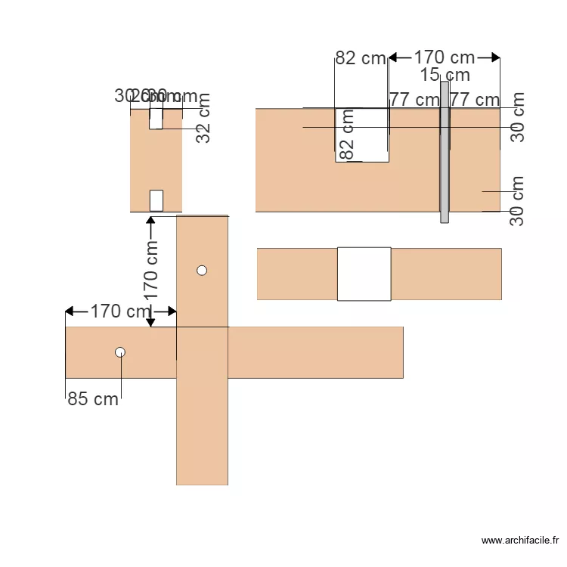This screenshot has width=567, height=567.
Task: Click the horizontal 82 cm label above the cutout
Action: [x=360, y=58]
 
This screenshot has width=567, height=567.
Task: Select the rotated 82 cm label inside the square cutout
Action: [x=347, y=135]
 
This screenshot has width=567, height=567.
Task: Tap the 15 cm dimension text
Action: [x=445, y=75]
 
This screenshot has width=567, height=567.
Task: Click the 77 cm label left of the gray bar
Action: [x=414, y=99]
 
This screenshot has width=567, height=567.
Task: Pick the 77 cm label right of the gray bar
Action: [x=475, y=99]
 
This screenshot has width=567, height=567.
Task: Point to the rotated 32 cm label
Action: [x=203, y=118]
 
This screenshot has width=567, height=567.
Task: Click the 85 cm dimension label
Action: [x=93, y=399]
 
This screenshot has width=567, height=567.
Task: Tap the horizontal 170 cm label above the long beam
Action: [x=121, y=311]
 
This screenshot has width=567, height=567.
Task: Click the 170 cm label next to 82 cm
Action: [x=445, y=57]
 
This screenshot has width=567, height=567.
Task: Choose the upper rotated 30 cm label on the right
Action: [x=517, y=117]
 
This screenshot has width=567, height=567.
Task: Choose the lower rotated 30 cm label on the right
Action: [x=517, y=200]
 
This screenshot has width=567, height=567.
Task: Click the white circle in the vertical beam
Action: [x=202, y=270]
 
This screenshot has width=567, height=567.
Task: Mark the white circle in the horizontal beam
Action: [x=120, y=352]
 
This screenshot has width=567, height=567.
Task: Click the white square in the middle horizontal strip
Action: [x=364, y=274]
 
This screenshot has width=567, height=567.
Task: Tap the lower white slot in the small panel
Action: [x=156, y=200]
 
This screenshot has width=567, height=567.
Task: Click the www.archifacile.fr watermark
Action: [x=521, y=540]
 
